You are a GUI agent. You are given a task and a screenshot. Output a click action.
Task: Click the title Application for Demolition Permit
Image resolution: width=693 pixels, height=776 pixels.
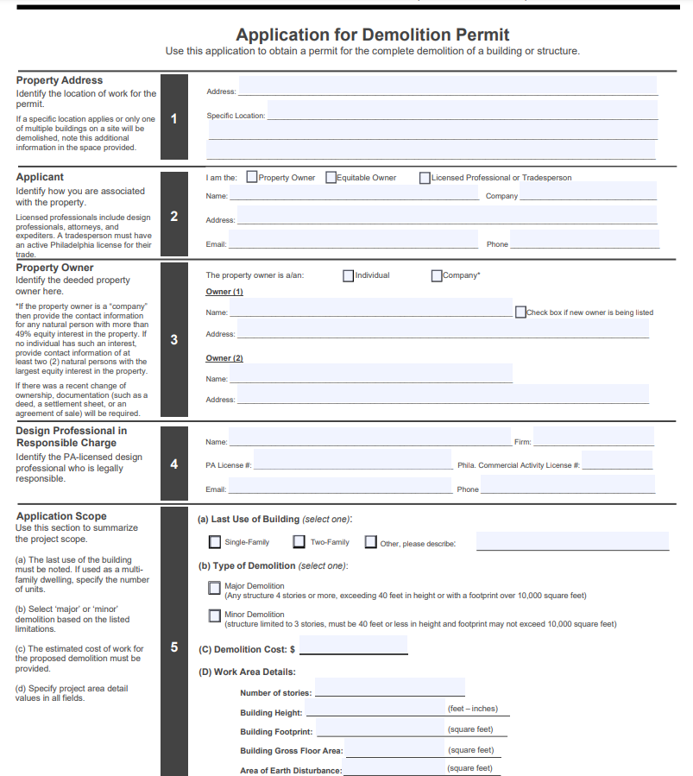[x=372, y=35]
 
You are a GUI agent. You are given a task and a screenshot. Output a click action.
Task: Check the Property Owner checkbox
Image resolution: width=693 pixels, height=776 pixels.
[x=252, y=178]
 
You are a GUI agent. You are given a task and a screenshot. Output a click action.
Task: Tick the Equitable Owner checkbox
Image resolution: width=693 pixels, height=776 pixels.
[x=331, y=178]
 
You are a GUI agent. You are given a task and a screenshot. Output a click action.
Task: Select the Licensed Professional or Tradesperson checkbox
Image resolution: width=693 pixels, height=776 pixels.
[x=425, y=178]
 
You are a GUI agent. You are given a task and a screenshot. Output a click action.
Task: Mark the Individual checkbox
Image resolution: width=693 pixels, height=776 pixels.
[x=349, y=276]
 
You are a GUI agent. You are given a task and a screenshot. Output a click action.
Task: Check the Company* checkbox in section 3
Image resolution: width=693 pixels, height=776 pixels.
[x=437, y=276]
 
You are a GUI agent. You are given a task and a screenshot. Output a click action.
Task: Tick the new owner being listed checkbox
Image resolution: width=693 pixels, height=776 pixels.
[x=520, y=312]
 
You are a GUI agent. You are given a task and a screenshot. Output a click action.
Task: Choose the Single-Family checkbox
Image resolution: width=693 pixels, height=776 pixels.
[x=215, y=542]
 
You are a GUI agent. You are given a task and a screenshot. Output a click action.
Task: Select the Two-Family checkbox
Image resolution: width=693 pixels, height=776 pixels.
[x=299, y=542]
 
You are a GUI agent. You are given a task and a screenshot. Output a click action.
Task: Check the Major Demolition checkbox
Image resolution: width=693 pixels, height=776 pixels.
[x=215, y=588]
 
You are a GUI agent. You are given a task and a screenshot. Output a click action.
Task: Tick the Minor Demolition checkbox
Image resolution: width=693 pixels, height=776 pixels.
[x=215, y=616]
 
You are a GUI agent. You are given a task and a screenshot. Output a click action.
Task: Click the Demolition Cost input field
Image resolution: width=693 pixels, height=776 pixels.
[x=353, y=646]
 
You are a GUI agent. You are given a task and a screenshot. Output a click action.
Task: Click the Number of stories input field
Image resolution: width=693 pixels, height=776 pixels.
[x=390, y=687]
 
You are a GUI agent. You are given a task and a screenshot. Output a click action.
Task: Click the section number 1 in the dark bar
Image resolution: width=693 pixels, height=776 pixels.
[x=174, y=118]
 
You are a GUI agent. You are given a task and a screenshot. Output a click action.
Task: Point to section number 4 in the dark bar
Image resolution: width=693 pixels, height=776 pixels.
[x=174, y=464]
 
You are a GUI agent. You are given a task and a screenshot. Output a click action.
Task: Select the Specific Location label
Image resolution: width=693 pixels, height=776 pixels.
[x=236, y=116]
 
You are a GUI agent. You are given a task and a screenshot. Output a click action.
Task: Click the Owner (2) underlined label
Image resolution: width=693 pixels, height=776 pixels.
[x=224, y=358]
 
